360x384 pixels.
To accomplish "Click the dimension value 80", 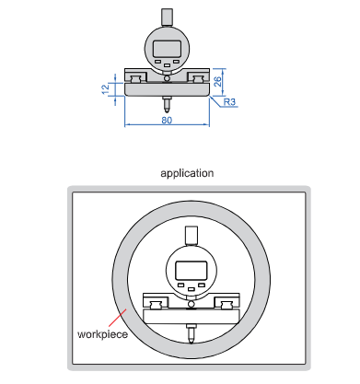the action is [x=167, y=121].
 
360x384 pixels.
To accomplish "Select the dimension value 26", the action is [x=217, y=81].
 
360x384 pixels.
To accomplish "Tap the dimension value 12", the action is [x=105, y=89].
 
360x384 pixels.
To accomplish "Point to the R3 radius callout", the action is [x=229, y=102].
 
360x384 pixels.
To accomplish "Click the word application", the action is [x=187, y=173].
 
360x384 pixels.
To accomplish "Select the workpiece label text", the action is [x=102, y=334].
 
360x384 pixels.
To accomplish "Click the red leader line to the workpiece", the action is [x=118, y=318].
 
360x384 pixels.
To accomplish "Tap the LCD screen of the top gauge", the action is [x=167, y=49].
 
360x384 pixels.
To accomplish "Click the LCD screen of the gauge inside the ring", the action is [x=191, y=270].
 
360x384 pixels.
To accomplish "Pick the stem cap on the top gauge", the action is [x=167, y=17].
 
